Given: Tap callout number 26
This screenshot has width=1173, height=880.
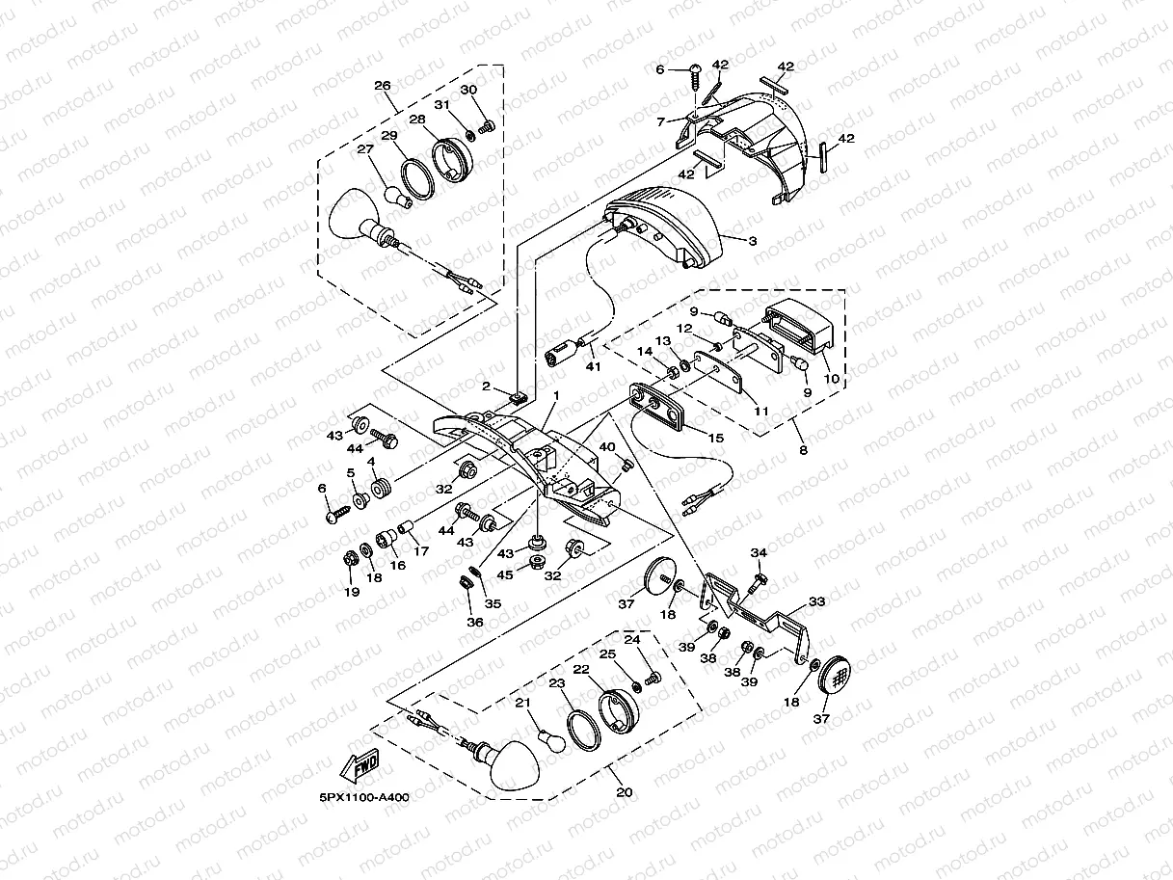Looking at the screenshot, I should click(382, 86).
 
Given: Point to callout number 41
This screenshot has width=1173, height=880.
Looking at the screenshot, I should click(593, 366).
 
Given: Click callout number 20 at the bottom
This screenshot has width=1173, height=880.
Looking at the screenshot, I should click(625, 792).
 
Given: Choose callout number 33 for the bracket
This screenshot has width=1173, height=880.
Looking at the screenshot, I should click(816, 601).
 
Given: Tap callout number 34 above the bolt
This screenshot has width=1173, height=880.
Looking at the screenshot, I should click(760, 552).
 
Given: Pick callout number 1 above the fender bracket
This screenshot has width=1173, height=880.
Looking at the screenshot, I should click(555, 396).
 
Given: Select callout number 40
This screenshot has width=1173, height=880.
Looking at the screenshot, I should click(607, 446).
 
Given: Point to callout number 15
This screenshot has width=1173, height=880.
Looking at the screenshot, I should click(715, 438).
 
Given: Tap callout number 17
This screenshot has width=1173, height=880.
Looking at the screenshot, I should click(420, 552).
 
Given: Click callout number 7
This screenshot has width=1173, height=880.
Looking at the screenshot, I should click(661, 122).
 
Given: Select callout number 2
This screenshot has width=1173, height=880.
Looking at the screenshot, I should click(488, 387).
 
